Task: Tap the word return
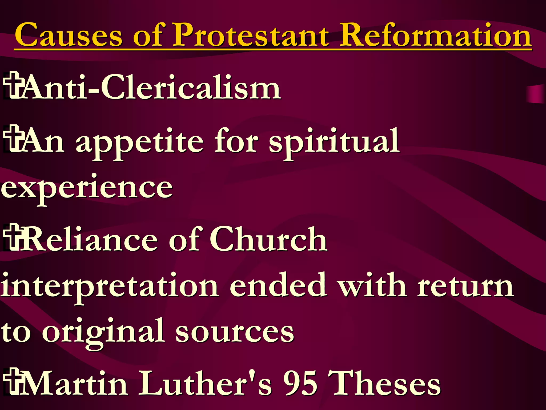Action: click(465, 286)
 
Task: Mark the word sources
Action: click(235, 332)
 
